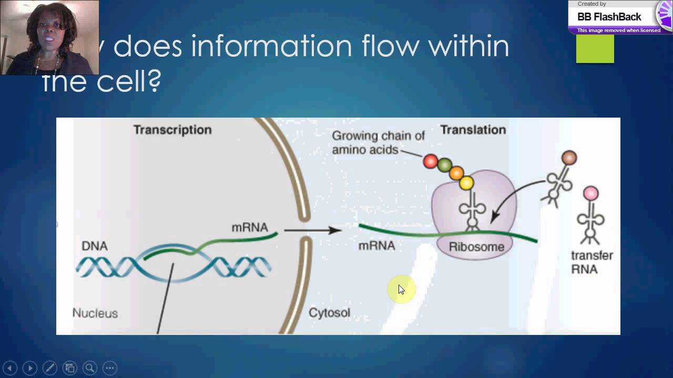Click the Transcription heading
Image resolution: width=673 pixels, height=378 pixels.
pos(172,130)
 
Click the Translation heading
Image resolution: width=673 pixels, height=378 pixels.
pos(473,130)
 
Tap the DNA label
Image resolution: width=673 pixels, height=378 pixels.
pos(95,246)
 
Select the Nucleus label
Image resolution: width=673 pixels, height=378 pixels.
pos(95,313)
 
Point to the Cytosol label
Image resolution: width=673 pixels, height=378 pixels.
pos(329,313)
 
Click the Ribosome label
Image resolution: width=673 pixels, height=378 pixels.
pos(476,247)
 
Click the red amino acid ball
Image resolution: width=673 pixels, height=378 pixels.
pos(431,161)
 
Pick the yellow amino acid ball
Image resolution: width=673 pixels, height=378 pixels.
pos(466,183)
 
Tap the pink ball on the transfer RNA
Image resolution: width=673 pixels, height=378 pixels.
pos(591,194)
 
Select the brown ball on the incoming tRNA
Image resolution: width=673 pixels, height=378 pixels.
pos(569,157)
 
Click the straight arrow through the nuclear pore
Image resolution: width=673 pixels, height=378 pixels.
pos(313,230)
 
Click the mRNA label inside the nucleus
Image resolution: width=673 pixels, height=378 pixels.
pos(250,227)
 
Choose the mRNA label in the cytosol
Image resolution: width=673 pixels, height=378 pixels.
pos(376,245)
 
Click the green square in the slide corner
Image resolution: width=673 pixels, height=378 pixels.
pos(595,49)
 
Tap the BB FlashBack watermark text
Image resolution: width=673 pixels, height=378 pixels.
pos(609,17)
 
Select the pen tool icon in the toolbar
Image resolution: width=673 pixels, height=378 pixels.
pos(49,368)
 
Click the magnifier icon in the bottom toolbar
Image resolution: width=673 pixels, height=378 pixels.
pos(89,368)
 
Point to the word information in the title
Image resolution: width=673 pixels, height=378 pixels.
pos(272,46)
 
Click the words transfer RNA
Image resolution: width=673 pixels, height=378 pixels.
pos(592,262)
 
